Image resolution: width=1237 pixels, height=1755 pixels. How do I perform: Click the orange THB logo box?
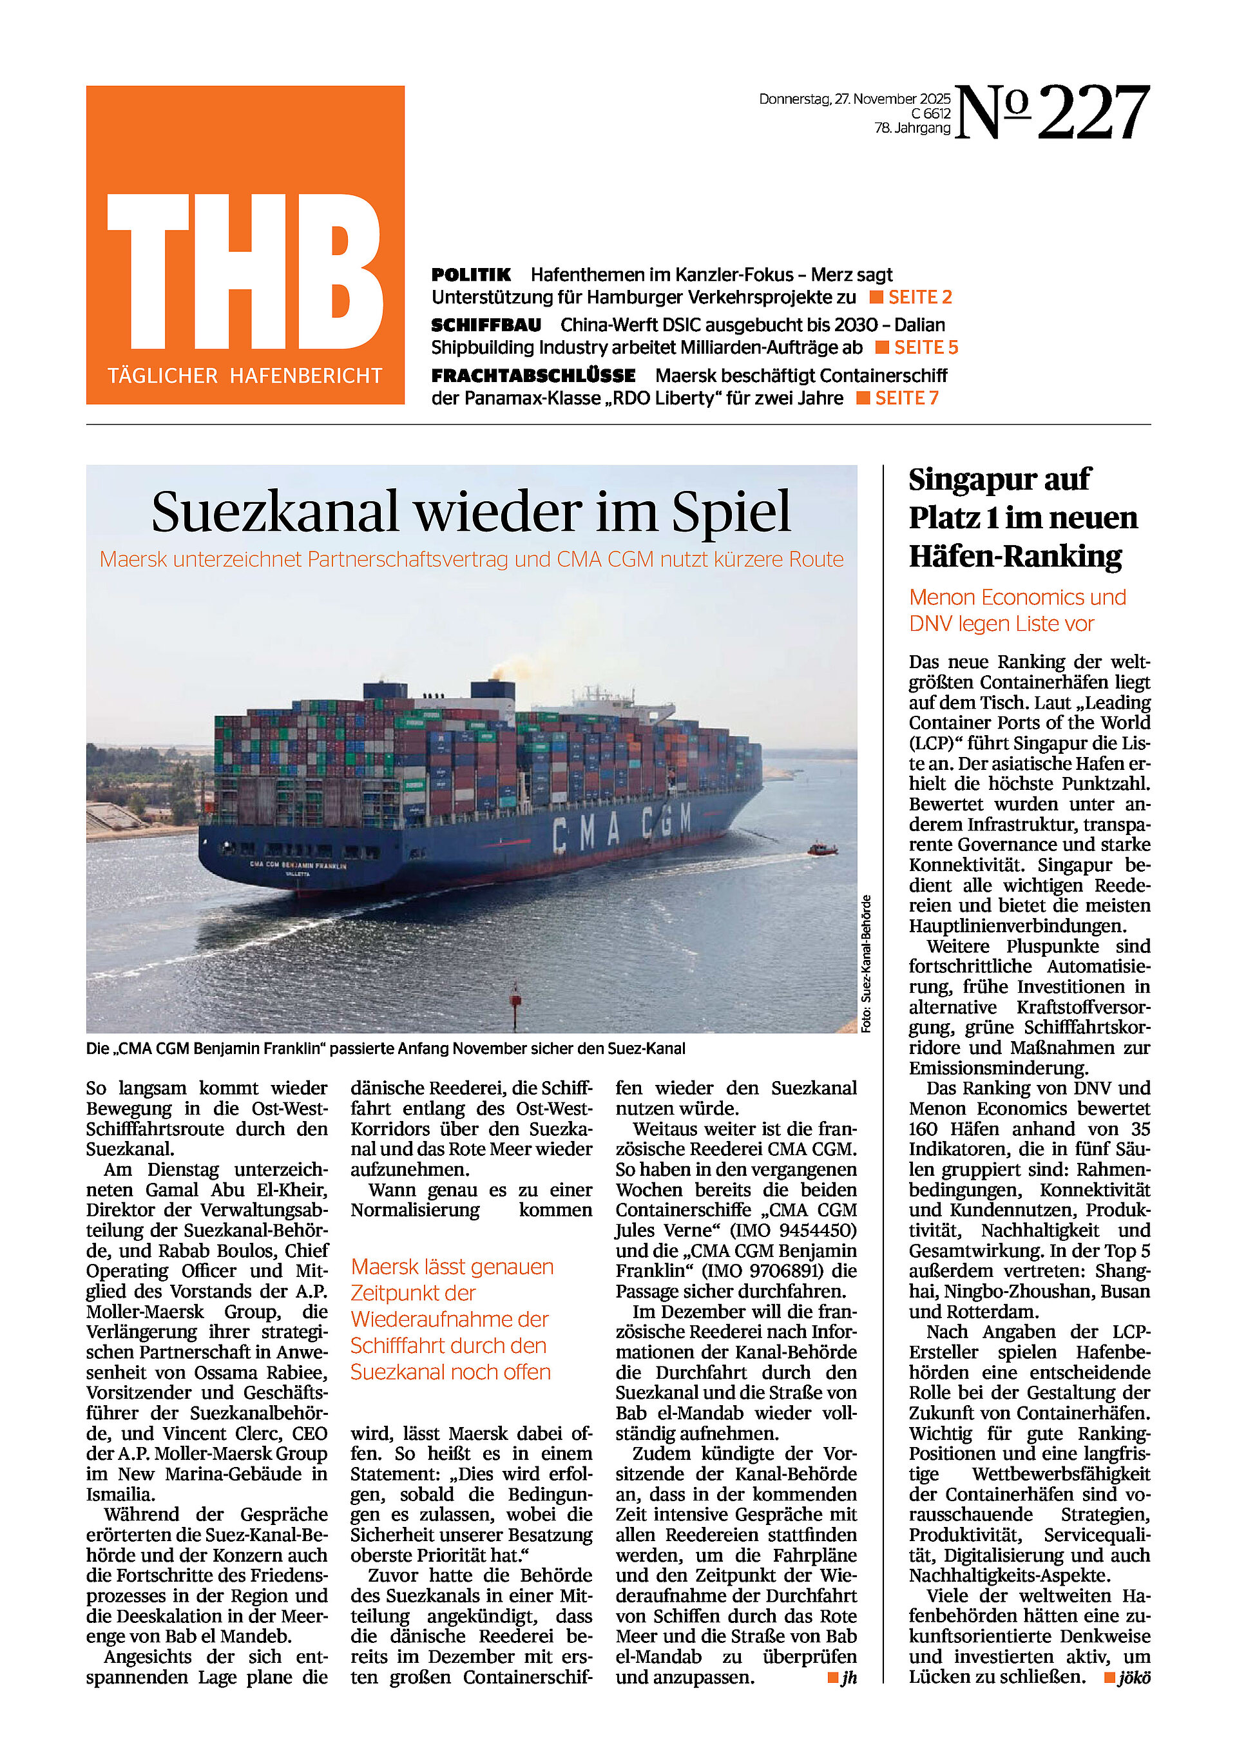pos(245,245)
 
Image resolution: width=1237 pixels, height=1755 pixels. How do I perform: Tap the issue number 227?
pos(1093,113)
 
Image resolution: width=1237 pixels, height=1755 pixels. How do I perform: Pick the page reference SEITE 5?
pos(925,347)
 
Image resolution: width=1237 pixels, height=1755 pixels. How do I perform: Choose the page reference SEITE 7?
pos(906,398)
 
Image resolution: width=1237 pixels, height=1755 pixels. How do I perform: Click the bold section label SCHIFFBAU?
pos(486,325)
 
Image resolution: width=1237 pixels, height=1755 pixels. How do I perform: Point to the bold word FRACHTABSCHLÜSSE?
pos(533,376)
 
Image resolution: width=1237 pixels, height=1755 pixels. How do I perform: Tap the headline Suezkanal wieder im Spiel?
pos(471,512)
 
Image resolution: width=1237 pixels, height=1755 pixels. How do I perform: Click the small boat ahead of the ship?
pos(823,849)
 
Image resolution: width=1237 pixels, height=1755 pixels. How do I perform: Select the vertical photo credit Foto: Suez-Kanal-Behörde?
pos(866,963)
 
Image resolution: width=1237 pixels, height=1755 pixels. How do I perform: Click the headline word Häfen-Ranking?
pos(1015,556)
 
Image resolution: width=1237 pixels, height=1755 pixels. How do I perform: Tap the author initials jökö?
pos(1134,1677)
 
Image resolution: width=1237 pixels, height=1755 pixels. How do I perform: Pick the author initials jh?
pos(849,1677)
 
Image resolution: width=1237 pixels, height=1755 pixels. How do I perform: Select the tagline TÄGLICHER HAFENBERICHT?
pos(245,376)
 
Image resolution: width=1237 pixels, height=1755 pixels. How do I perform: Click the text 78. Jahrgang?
pos(912,128)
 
